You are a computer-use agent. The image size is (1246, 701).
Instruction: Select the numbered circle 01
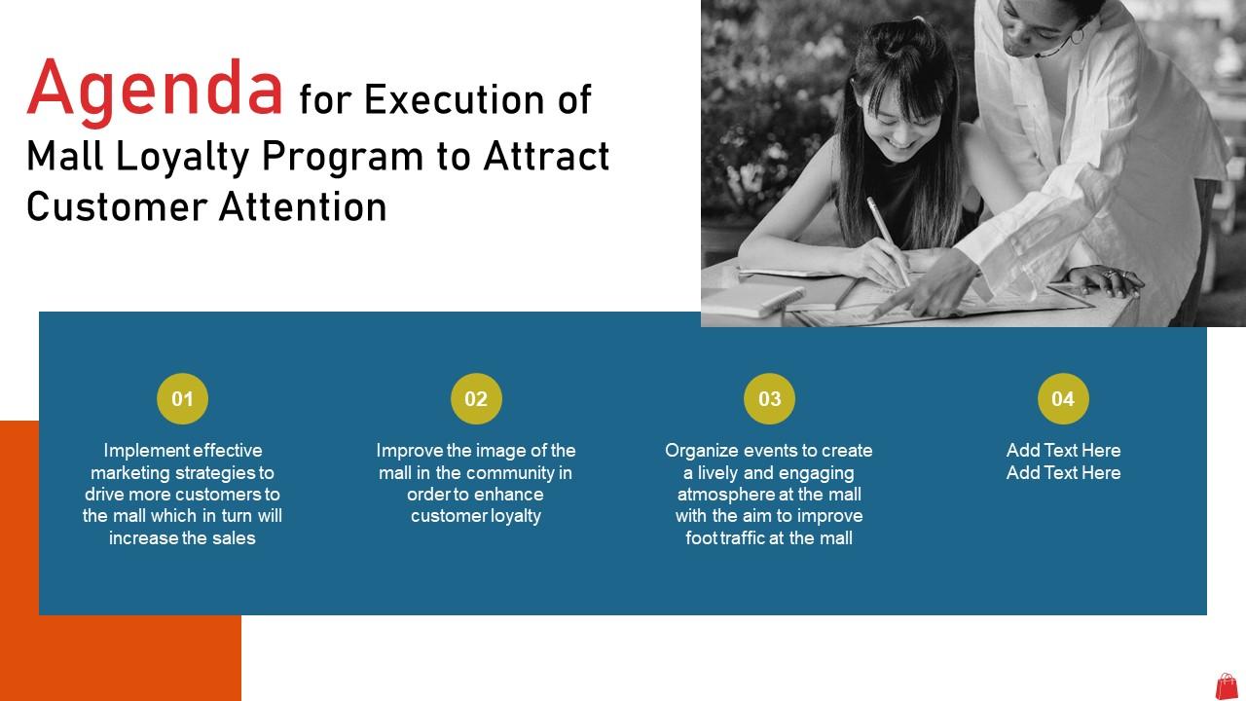(182, 398)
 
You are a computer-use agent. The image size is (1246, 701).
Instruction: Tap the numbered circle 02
(476, 398)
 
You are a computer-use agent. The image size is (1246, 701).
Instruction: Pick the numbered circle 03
(769, 398)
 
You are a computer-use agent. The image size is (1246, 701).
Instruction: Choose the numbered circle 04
(1063, 398)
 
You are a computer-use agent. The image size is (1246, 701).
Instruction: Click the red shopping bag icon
(1227, 685)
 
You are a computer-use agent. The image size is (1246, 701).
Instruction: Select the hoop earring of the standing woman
(1078, 37)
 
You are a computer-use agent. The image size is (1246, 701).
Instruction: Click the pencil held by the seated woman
(888, 240)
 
